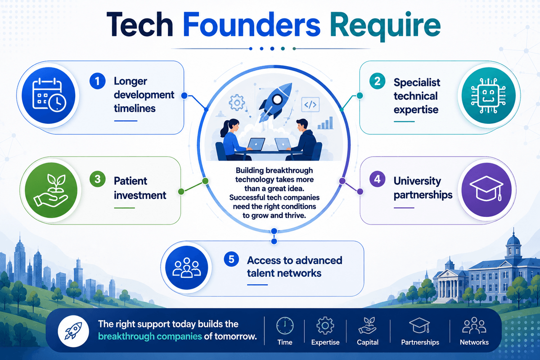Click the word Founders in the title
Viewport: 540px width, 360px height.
pos(252,25)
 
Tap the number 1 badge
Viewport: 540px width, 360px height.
pos(97,81)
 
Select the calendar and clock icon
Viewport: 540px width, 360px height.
pos(49,95)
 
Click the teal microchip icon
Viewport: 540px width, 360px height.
pos(488,95)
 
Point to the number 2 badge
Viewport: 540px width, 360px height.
pos(377,81)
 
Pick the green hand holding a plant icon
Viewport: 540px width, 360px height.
pos(51,190)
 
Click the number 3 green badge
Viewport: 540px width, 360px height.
pos(97,179)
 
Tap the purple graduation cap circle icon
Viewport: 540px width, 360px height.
pos(486,190)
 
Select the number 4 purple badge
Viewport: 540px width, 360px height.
pos(377,179)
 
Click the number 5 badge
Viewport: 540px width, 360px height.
pos(231,259)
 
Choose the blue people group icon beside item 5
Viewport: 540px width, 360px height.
pos(187,268)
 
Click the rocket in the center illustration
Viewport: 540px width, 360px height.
pos(276,102)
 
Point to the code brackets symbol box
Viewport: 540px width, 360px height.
pos(310,105)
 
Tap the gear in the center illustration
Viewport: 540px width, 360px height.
pos(237,103)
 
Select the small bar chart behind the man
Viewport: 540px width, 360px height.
pos(325,123)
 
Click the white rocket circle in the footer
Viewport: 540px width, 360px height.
pos(73,331)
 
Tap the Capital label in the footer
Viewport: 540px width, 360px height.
pos(368,342)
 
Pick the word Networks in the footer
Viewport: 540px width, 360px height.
pos(474,342)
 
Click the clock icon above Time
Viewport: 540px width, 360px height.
pos(285,326)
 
